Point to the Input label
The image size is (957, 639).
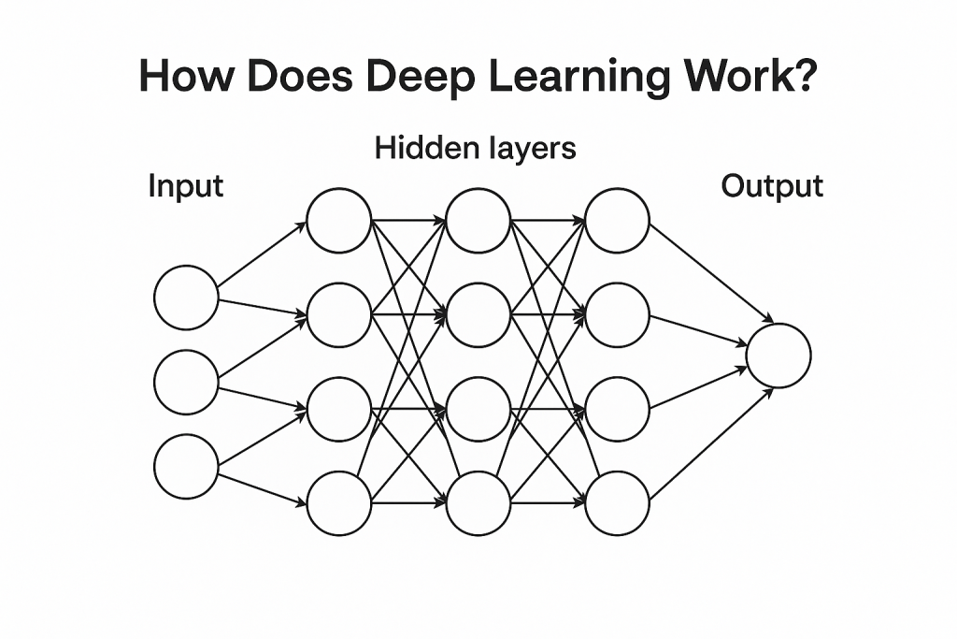tap(186, 186)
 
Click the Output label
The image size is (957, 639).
tap(772, 186)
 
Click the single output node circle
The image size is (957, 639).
tap(778, 356)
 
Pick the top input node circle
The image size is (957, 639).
tap(186, 298)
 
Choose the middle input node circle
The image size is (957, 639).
tap(186, 382)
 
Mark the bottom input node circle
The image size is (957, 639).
tap(186, 466)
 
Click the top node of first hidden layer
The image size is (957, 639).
tap(339, 221)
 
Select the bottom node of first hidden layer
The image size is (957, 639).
tap(339, 503)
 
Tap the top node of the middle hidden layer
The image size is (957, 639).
tap(478, 221)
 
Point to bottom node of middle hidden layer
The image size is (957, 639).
tap(478, 503)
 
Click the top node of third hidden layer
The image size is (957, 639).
tap(617, 221)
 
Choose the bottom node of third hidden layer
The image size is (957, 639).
tap(617, 503)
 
